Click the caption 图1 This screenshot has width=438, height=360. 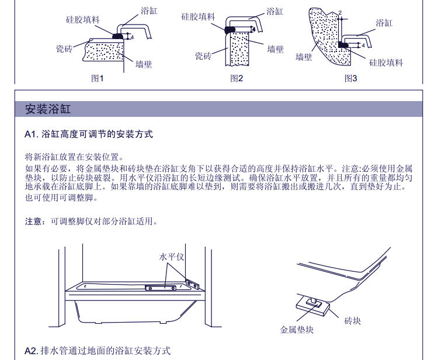click(x=97, y=78)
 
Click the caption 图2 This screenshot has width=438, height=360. click(x=236, y=78)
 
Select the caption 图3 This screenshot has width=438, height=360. click(x=350, y=78)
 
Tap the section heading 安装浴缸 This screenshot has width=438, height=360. click(x=48, y=109)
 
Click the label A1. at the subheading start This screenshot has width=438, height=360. click(x=32, y=134)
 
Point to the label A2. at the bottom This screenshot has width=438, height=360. click(x=32, y=351)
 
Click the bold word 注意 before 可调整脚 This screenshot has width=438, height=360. click(x=33, y=222)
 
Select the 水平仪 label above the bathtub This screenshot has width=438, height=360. click(x=172, y=257)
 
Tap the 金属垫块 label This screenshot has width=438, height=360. click(x=297, y=330)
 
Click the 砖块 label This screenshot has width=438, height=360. click(x=353, y=321)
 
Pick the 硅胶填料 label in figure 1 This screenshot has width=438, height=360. click(x=82, y=19)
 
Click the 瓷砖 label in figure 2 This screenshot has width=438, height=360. click(x=203, y=56)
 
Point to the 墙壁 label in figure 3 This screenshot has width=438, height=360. click(x=304, y=57)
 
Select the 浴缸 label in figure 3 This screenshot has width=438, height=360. click(x=384, y=23)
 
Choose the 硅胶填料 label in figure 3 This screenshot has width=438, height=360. click(x=386, y=62)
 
